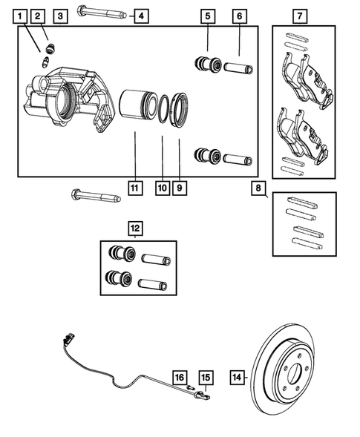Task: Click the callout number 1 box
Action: pos(19,15)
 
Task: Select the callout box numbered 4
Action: pos(140,15)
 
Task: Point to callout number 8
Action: pos(258,188)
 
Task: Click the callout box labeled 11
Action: pos(134,188)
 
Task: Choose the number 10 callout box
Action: pos(162,188)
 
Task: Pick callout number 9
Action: pos(180,188)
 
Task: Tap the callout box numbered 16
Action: pos(180,376)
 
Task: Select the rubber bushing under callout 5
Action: pos(206,64)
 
